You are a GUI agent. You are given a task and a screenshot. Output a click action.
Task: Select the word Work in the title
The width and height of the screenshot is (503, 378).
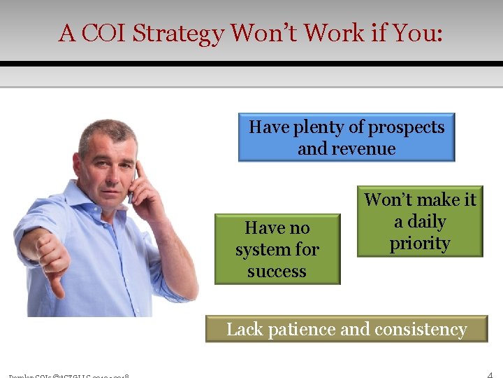pos(328,33)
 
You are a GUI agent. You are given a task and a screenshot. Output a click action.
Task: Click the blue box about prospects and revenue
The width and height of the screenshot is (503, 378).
pos(347,137)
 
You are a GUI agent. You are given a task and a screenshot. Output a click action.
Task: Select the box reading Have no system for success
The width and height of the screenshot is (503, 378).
pos(277,249)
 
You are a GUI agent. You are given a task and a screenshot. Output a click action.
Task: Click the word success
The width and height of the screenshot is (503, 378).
pos(277,271)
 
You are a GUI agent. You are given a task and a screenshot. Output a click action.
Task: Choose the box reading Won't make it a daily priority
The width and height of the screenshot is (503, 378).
pos(420,221)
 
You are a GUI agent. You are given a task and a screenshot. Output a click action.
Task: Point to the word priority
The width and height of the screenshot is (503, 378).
pos(420,243)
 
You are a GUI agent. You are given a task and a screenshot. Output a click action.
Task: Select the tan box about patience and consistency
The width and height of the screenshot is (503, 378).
pos(347,329)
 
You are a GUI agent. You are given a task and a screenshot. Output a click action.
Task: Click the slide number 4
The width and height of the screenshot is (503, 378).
pos(490,372)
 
